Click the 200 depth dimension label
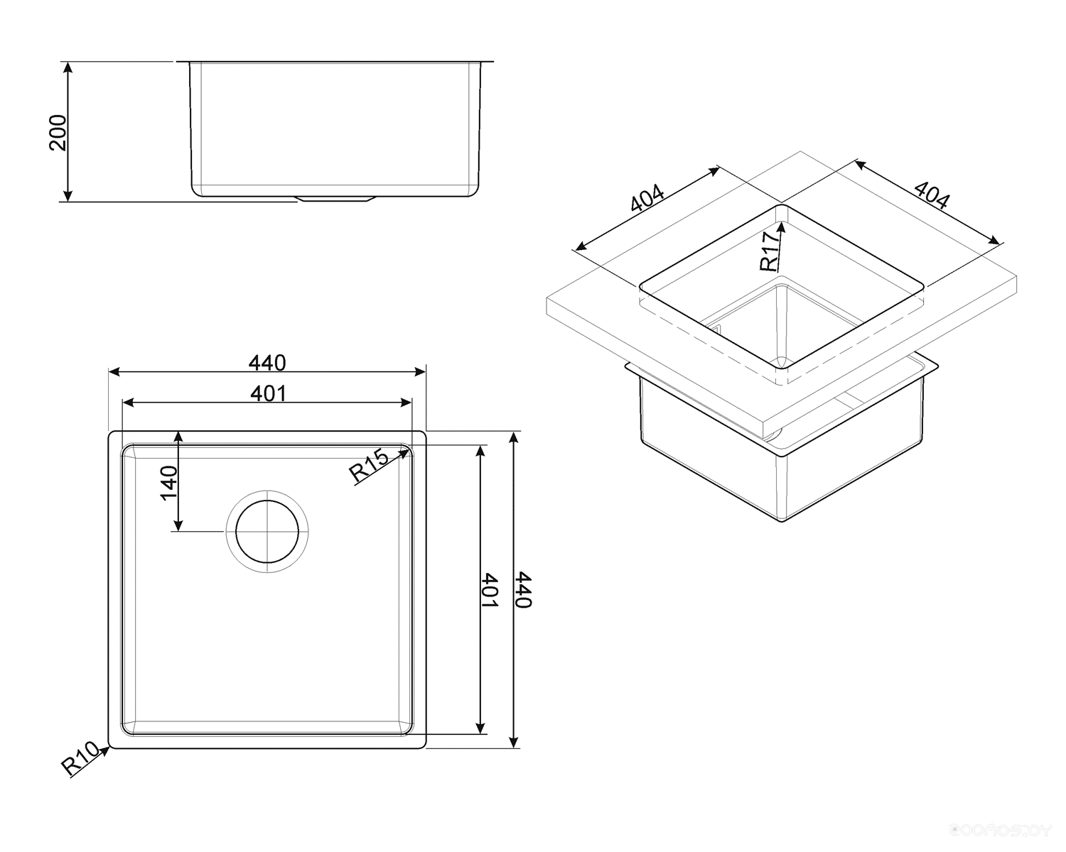(x=58, y=132)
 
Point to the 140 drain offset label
(x=169, y=483)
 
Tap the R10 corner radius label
(x=80, y=758)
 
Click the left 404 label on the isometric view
(x=647, y=198)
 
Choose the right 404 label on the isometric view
(x=932, y=195)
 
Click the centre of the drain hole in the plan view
(x=267, y=532)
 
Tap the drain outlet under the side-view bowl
(x=334, y=199)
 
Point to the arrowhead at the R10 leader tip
(x=105, y=750)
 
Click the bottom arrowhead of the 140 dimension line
(x=179, y=525)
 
